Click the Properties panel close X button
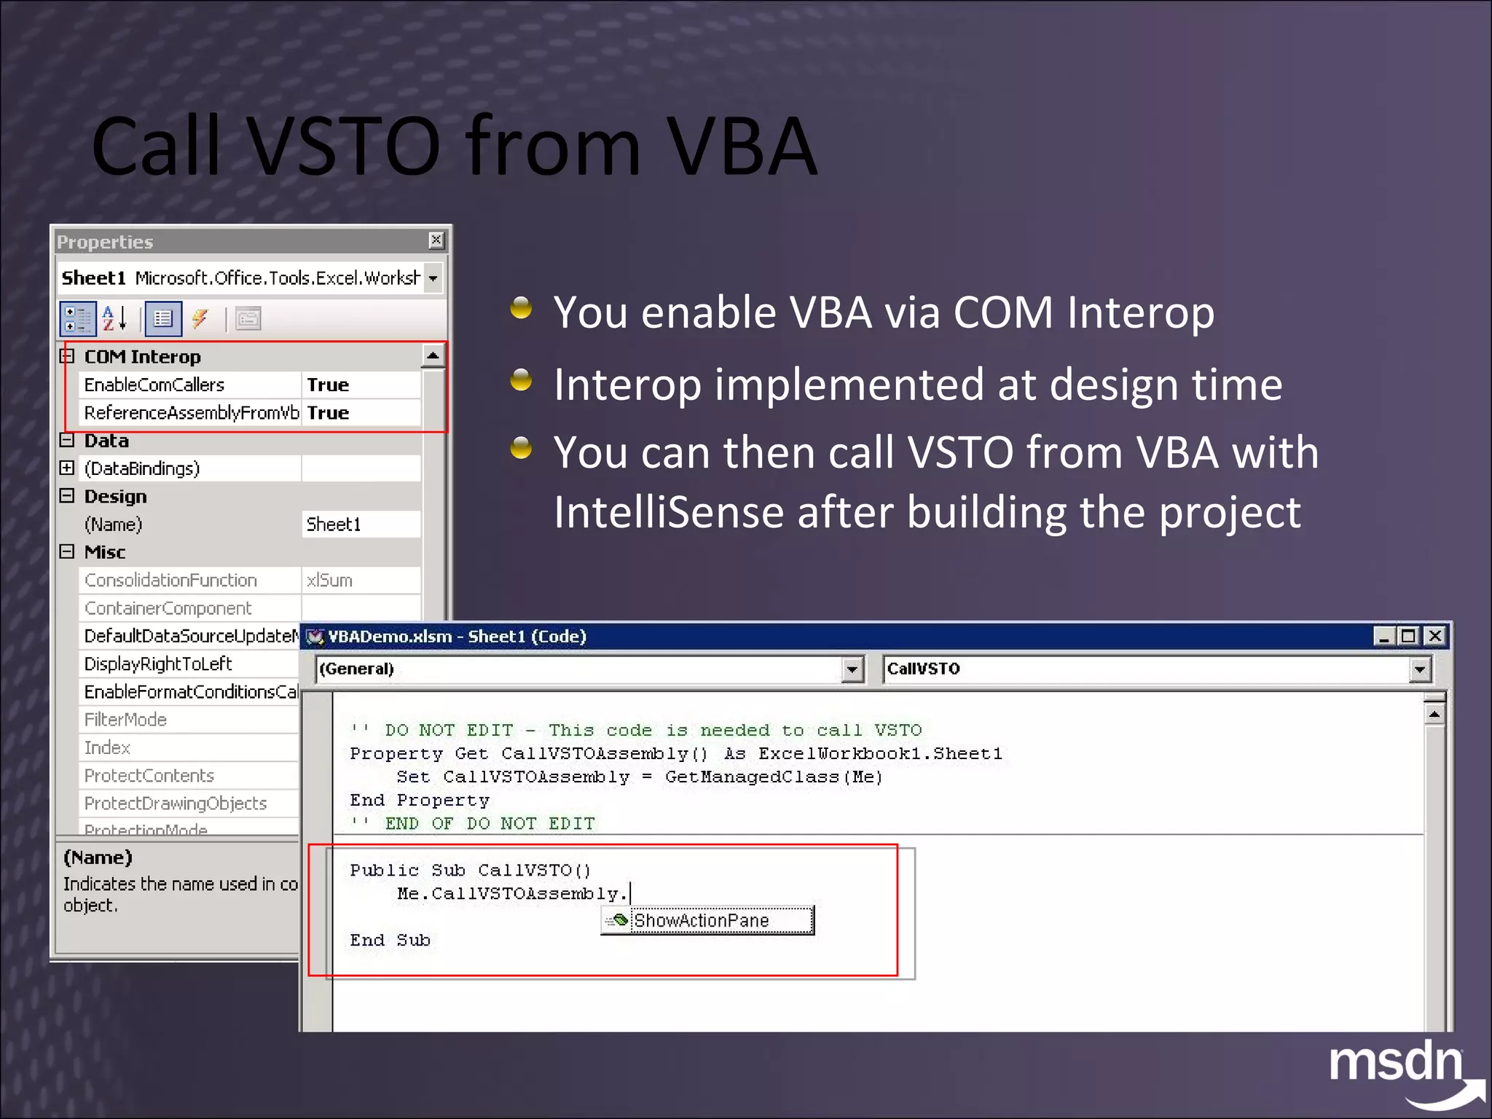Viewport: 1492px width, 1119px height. [x=436, y=240]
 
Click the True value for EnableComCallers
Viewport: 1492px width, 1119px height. [x=328, y=385]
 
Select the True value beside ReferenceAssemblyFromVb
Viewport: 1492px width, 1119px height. [x=328, y=413]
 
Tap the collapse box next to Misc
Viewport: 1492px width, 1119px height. [x=67, y=551]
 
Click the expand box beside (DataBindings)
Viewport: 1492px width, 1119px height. [x=67, y=468]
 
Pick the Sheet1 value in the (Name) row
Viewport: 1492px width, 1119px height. [x=334, y=525]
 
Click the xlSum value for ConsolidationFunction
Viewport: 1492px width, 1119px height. [x=329, y=581]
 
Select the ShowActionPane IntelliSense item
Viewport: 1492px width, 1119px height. [x=701, y=921]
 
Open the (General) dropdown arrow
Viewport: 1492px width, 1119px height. [x=852, y=669]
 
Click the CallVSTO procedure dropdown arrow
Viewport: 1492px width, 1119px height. [x=1419, y=669]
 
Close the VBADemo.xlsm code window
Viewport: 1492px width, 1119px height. [x=1434, y=636]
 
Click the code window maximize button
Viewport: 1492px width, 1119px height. [x=1409, y=636]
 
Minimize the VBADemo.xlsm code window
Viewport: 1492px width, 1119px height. [x=1383, y=636]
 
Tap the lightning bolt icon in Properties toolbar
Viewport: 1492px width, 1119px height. [x=200, y=318]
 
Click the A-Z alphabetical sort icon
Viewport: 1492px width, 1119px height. [x=114, y=318]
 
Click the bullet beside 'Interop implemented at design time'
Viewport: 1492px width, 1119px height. [x=521, y=380]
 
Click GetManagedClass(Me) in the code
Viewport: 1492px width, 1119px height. [x=774, y=777]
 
